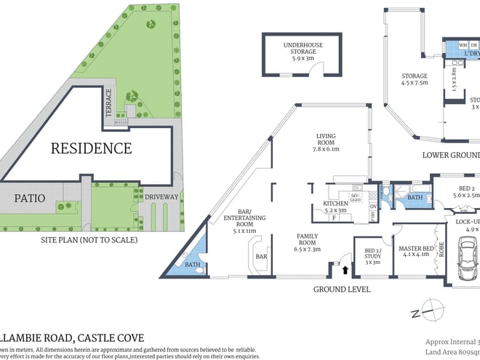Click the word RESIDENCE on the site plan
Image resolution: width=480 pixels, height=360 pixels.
point(91,148)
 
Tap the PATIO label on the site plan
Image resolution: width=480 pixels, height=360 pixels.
point(28,197)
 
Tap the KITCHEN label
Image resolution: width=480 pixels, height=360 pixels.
point(335,203)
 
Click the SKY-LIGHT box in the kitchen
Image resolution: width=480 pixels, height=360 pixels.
point(356,198)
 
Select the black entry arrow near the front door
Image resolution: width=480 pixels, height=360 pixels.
point(345,271)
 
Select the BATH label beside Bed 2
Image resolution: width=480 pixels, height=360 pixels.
point(415,197)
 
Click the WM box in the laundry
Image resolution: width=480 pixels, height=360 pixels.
point(463,45)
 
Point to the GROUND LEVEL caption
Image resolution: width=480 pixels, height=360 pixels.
point(341,289)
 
